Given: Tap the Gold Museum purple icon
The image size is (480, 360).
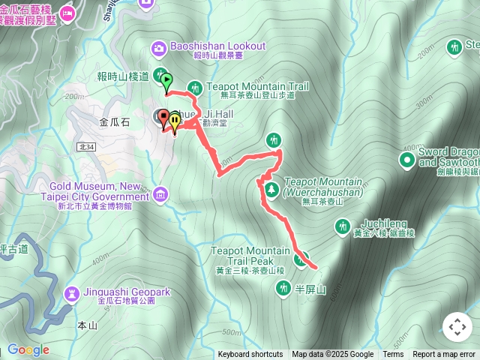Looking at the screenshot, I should pos(159,196).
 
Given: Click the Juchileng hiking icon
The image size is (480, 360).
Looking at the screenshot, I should pos(343,225).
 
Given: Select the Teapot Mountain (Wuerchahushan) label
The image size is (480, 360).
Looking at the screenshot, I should pos(323,187).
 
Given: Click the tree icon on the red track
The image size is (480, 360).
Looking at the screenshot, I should pos(268,187).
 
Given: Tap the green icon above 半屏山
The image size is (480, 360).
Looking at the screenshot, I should pos(283,286).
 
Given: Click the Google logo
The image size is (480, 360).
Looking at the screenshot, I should pos(28,349).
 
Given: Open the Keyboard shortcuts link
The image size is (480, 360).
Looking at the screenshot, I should pos(250,355).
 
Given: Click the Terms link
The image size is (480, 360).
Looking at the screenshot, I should pos(393,355).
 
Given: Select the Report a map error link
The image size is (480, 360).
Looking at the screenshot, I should pos(445,355).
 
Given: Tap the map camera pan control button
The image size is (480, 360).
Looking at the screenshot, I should pos(457,327).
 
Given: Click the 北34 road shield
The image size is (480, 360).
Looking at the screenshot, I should pos(85,147).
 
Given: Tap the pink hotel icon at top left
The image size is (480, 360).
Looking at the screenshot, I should pos(67,13).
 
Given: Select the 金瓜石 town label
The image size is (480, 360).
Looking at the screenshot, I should pos(115,120).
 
